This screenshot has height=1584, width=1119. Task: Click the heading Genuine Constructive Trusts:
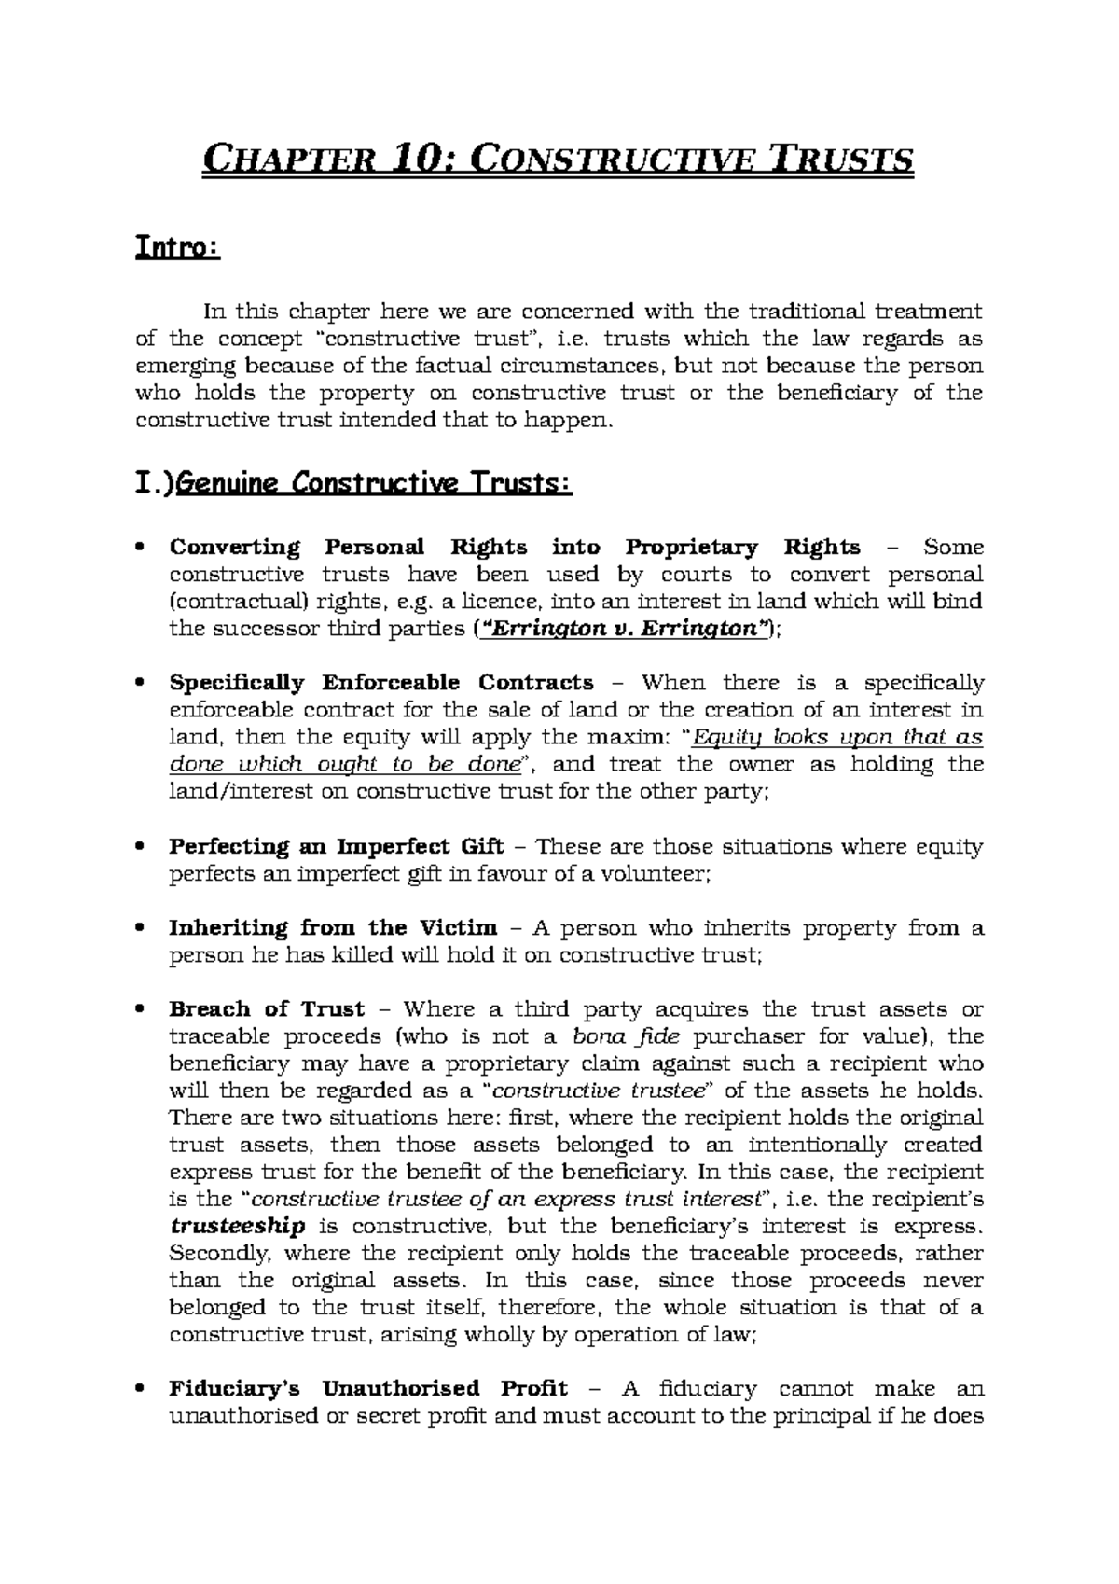point(372,485)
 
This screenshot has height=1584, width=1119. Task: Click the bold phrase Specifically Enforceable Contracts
point(380,683)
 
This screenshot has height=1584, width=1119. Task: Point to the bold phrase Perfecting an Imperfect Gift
point(336,847)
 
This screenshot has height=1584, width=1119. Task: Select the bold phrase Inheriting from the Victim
point(333,928)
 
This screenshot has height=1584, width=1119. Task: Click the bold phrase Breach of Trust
point(267,1009)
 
